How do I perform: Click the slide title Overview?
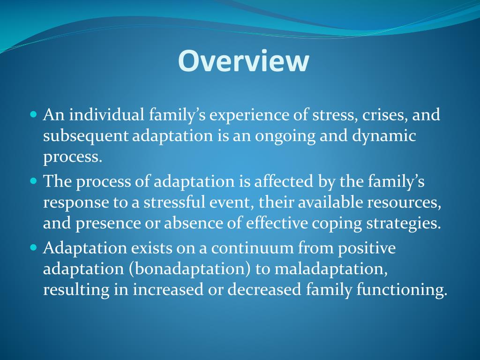[243, 61]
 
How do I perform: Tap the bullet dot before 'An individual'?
[33, 114]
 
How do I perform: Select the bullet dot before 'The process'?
[33, 180]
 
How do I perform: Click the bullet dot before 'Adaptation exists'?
[33, 247]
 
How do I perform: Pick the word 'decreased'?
[264, 290]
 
